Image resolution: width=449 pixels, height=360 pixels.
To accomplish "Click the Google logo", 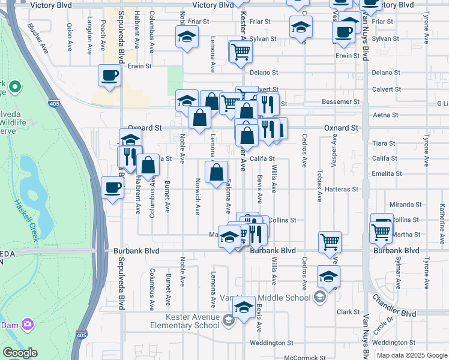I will pos(20,353).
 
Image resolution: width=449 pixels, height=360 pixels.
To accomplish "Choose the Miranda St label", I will pos(402,205).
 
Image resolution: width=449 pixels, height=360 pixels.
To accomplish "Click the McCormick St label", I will pos(304,358).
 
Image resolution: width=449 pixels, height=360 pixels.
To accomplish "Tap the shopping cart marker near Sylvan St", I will pos(241,52).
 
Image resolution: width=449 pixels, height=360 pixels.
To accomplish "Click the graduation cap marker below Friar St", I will pos(187,37).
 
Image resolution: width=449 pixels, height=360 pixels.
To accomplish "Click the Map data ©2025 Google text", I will pos(411,355).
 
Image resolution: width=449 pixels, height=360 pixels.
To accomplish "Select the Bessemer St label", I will pos(340,102).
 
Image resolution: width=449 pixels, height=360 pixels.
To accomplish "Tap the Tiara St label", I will pos(383,143).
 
